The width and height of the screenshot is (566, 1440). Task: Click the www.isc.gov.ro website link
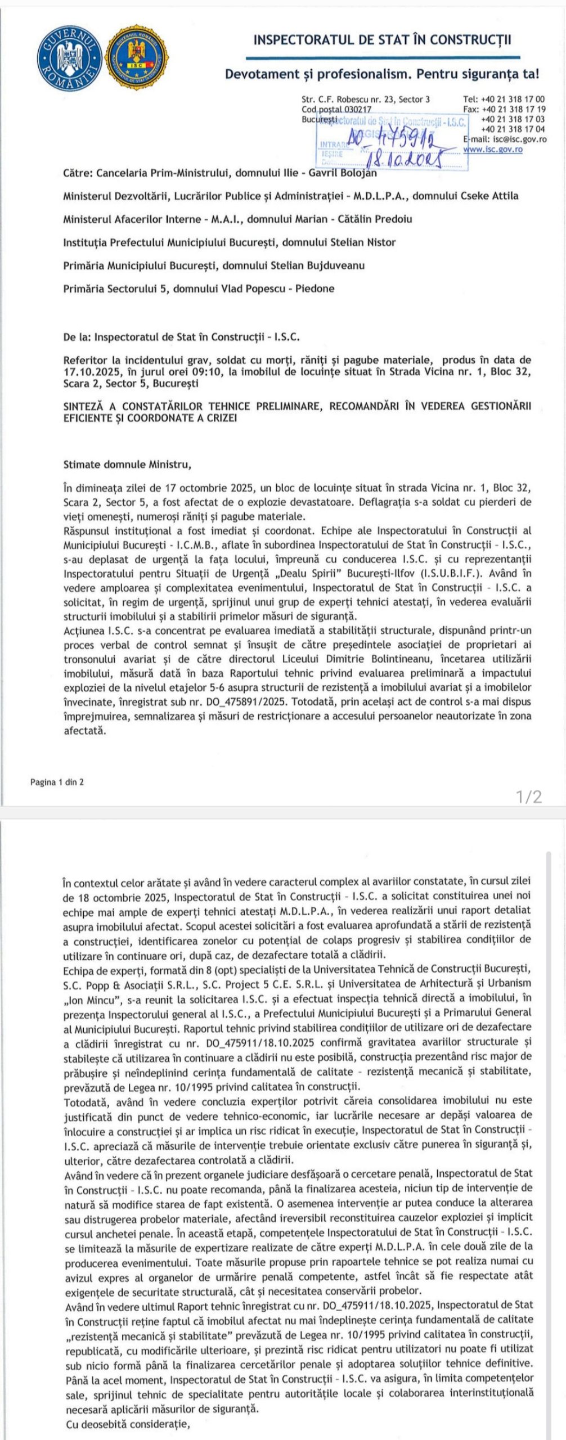[493, 150]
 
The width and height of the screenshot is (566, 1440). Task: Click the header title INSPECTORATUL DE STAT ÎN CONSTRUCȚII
[383, 40]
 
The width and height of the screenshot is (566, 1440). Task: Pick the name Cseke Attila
[490, 196]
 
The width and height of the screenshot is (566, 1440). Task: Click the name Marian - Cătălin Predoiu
[358, 219]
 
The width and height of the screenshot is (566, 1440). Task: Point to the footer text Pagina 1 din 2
[57, 781]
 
